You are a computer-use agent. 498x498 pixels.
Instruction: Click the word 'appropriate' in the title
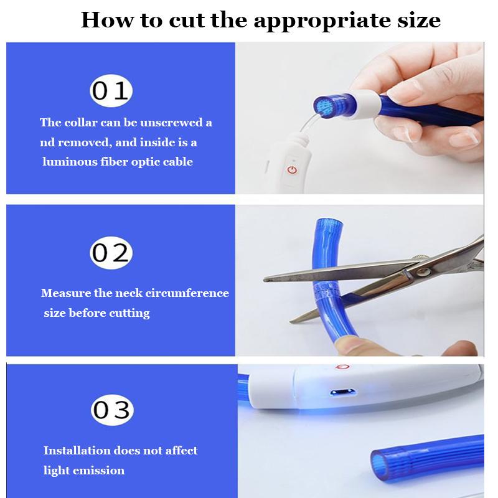tap(322, 21)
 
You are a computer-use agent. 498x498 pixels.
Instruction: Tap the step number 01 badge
tap(111, 90)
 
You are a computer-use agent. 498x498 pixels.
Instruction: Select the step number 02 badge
tap(111, 253)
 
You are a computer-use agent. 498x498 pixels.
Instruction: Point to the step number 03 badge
tap(112, 410)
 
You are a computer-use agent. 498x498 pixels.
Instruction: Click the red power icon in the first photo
tap(292, 170)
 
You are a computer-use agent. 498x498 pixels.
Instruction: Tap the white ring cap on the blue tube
tap(365, 105)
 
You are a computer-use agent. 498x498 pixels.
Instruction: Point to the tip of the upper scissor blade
tap(265, 280)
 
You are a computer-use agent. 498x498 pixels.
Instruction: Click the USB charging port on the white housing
tap(342, 392)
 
